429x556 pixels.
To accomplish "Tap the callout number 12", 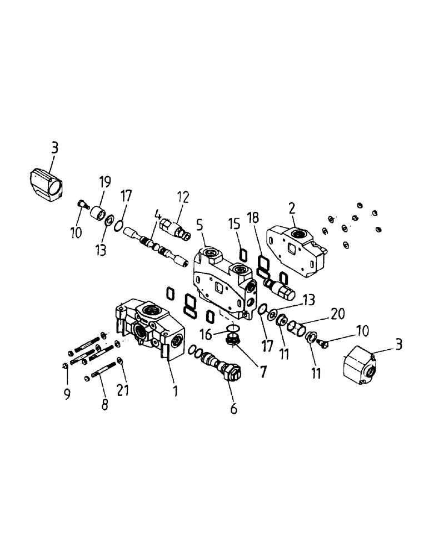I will point(183,197).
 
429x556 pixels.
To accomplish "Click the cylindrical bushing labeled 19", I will point(99,213).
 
